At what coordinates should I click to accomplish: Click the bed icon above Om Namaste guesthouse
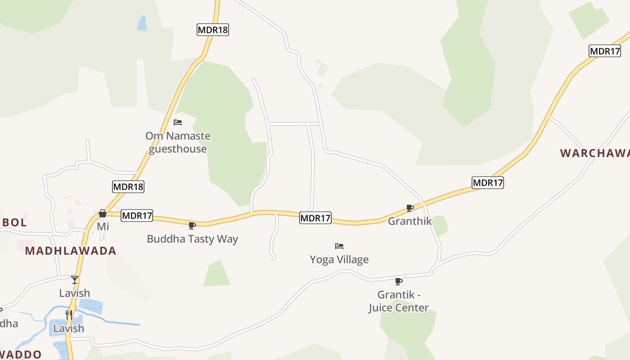(x=178, y=122)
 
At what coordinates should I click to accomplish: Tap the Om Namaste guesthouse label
(x=178, y=142)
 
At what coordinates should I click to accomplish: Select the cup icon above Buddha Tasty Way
(x=192, y=225)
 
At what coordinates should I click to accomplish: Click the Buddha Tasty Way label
(x=192, y=239)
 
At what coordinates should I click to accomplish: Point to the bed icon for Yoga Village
(x=339, y=246)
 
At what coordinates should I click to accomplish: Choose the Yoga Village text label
(x=339, y=260)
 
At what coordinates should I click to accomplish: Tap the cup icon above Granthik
(x=410, y=208)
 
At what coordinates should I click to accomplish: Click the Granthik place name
(x=409, y=221)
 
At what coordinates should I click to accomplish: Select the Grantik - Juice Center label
(x=398, y=301)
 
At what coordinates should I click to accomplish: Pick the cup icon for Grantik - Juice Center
(x=398, y=281)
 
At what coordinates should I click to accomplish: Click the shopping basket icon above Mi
(x=103, y=213)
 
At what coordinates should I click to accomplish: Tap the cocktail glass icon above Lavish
(x=75, y=279)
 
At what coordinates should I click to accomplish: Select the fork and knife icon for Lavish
(x=69, y=315)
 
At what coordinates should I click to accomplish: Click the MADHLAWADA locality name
(x=71, y=251)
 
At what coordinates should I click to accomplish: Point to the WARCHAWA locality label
(x=594, y=153)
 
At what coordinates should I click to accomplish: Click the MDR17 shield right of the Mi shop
(x=137, y=216)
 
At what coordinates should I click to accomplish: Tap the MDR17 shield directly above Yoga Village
(x=315, y=218)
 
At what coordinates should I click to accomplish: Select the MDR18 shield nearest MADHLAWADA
(x=128, y=187)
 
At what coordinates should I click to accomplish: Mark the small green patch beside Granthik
(x=440, y=225)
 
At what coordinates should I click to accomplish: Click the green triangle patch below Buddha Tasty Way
(x=217, y=274)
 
